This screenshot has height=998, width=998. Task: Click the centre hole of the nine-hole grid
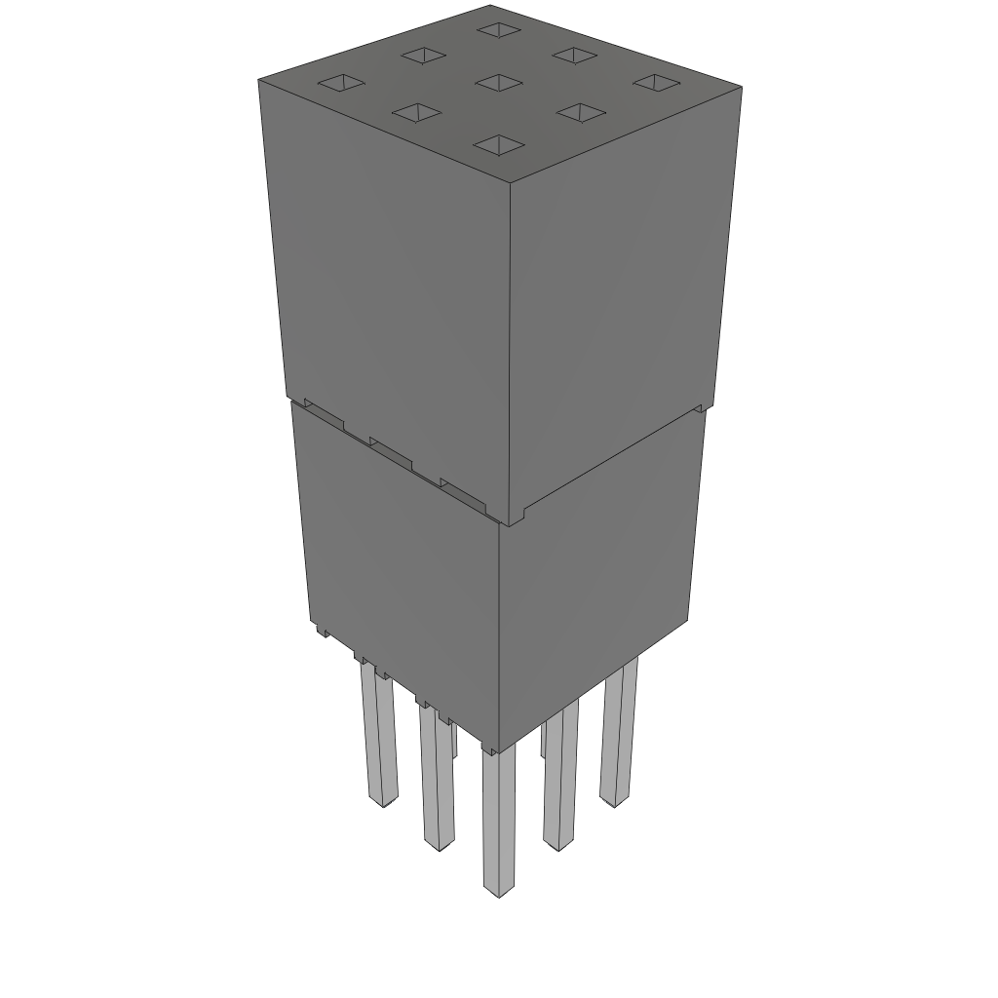(x=499, y=82)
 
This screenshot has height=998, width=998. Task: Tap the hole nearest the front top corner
(x=498, y=146)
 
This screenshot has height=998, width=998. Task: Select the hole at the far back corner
(x=499, y=30)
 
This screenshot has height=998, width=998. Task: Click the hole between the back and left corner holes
(x=423, y=56)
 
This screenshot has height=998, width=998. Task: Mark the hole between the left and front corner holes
(x=417, y=113)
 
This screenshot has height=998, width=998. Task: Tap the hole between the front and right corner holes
(x=580, y=113)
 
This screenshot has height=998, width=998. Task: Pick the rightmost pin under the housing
(x=618, y=731)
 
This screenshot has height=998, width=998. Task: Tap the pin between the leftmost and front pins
(x=438, y=780)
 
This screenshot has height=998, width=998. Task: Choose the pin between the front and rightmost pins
(x=560, y=780)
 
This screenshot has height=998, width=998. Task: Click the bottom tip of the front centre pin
(x=499, y=891)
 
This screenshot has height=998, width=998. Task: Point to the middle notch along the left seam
(x=391, y=452)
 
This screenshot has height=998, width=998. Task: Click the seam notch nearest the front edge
(x=462, y=493)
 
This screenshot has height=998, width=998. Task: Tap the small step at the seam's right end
(x=699, y=406)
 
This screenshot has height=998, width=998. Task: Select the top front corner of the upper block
(x=510, y=181)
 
